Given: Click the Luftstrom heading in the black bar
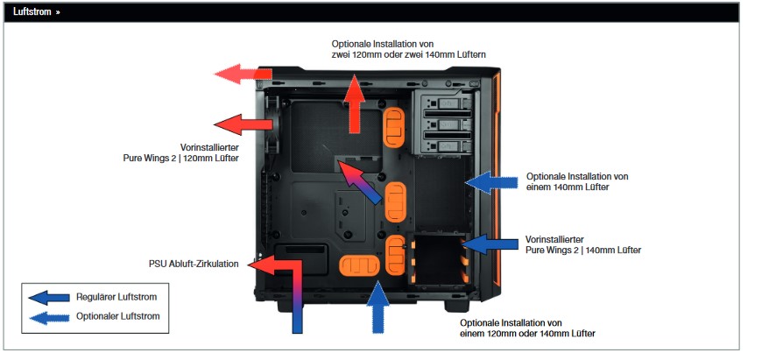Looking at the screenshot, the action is (x=32, y=12).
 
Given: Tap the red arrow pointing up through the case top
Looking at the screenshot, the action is (x=355, y=104).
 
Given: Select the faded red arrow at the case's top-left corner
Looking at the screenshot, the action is (x=243, y=74).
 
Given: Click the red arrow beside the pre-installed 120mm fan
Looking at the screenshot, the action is (x=243, y=124).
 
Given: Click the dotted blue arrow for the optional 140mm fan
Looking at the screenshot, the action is (x=491, y=182).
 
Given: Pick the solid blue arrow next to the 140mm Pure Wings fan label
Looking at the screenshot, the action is (x=490, y=244).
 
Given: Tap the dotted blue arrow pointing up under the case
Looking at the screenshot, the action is (x=378, y=307).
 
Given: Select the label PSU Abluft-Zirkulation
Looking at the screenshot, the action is (x=194, y=264).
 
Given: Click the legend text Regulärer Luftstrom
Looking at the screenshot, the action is (x=116, y=297).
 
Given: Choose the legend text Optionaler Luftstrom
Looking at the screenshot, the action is (x=118, y=316).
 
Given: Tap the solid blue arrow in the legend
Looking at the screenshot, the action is (x=49, y=298).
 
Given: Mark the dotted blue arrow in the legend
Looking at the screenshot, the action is (x=49, y=318).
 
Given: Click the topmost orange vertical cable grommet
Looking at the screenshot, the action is (x=394, y=128).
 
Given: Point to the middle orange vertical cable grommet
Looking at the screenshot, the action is (x=397, y=201).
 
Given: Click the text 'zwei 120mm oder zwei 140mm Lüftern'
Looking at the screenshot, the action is (x=408, y=54).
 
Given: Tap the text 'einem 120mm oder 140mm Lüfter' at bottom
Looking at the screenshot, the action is (x=527, y=333).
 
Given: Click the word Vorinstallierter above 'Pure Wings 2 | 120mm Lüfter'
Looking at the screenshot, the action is (x=209, y=148).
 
